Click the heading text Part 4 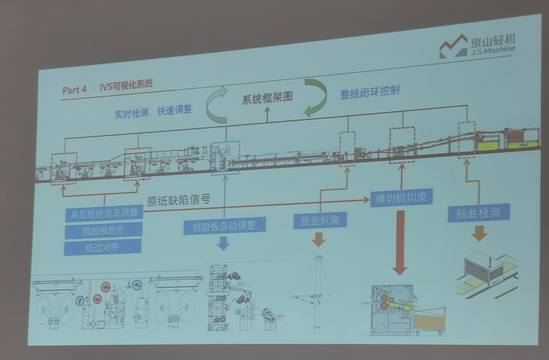click(x=74, y=89)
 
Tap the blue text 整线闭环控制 click(x=370, y=92)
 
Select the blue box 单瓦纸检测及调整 click(x=104, y=212)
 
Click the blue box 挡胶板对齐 click(x=103, y=230)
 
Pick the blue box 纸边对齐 click(x=103, y=247)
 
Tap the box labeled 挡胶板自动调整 click(x=225, y=226)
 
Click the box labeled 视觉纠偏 click(x=320, y=220)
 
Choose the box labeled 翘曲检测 click(x=479, y=212)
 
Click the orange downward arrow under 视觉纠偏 click(x=319, y=240)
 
